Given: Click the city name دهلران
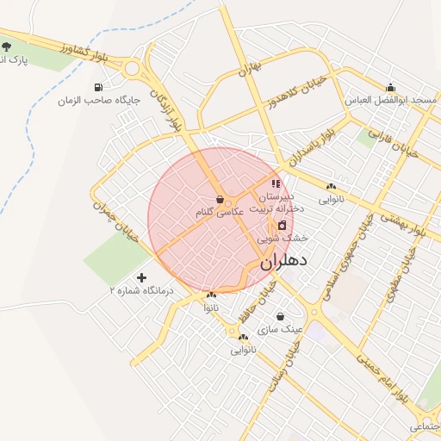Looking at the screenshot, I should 283,262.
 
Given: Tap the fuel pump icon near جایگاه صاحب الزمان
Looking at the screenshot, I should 101,87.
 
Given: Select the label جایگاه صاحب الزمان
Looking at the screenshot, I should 87,101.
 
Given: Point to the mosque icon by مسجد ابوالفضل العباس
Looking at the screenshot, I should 391,87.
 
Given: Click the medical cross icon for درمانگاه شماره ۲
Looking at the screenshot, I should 141,277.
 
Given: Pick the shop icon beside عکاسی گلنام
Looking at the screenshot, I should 220,199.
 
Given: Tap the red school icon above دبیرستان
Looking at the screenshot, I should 276,183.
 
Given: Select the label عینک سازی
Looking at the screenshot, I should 284,329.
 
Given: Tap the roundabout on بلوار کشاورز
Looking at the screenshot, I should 131,69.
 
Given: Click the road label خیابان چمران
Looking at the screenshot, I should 109,221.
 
